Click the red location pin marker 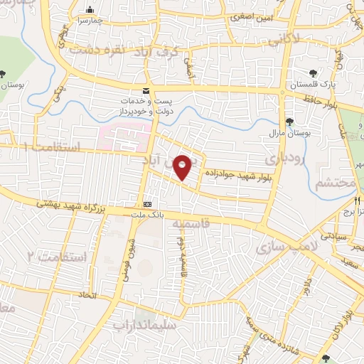coord(183,167)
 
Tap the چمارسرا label coord(91,21)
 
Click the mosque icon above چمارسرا coord(90,10)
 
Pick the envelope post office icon coord(146,90)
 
